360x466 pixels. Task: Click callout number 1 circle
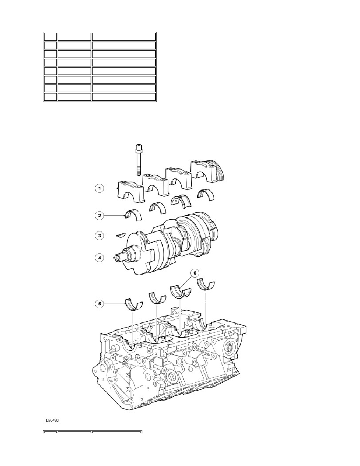[x=100, y=188]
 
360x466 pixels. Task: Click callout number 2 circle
[x=100, y=215]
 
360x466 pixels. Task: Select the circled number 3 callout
[x=100, y=236]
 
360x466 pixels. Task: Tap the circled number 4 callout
[x=100, y=257]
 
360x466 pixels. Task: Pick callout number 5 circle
[x=100, y=304]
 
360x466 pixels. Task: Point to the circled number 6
[x=195, y=273]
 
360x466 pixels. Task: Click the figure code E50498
[x=52, y=420]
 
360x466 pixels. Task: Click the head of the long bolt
[x=139, y=147]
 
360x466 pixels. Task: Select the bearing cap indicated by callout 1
[x=130, y=192]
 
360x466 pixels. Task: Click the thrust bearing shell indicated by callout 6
[x=180, y=291]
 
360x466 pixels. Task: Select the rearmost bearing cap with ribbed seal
[x=207, y=171]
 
